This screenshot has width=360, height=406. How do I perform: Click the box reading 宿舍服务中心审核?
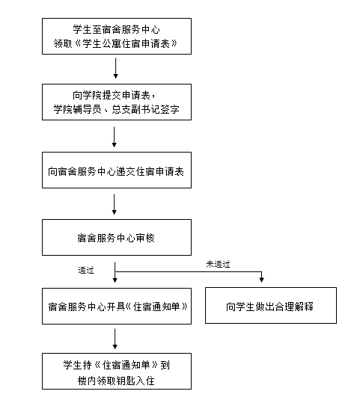pos(117,238)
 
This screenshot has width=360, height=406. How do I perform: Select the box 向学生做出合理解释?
pos(271,305)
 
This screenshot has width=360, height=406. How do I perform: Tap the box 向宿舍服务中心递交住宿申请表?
pos(117,170)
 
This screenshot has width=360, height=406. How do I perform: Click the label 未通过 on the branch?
pos(218,265)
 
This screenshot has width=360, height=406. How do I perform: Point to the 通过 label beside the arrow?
pos(86,271)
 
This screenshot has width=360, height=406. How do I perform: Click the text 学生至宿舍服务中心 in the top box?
pos(116,29)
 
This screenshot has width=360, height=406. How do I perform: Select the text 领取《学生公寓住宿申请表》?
pos(115,43)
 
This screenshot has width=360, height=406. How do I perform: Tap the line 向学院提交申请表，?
pos(114,95)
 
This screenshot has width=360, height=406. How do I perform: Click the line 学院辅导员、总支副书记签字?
pos(116,109)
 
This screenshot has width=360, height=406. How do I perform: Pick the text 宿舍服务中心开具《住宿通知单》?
pos(118,307)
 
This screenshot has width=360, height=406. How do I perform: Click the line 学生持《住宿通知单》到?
pos(116,365)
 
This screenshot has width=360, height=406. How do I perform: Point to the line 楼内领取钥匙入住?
pos(116,381)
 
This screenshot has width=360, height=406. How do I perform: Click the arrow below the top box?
pos(115,68)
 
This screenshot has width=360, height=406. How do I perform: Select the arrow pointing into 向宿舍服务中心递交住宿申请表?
pos(114,137)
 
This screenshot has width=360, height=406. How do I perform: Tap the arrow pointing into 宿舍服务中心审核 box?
pos(114,204)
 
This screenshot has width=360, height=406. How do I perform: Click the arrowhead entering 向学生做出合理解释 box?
pos(261,280)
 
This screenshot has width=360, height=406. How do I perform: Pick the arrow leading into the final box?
pos(115,339)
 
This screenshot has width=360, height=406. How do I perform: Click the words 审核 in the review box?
pos(145,238)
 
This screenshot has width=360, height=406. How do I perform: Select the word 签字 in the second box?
pos(170,109)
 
